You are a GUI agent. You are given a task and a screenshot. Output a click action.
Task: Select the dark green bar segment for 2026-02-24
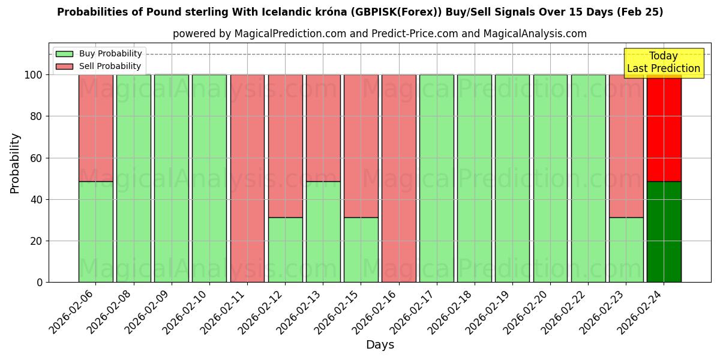664,232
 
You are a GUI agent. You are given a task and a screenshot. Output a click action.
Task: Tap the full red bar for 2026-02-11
247,178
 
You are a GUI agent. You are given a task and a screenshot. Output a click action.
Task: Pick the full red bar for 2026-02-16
398,178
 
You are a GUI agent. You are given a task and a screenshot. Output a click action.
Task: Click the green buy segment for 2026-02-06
95,232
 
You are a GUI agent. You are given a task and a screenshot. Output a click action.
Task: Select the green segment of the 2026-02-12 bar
285,250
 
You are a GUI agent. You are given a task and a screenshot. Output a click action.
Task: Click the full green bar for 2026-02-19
512,178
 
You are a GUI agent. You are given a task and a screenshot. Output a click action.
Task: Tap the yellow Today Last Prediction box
664,63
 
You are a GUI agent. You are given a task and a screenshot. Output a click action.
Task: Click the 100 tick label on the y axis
32,75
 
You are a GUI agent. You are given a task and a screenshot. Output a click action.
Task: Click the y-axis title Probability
15,163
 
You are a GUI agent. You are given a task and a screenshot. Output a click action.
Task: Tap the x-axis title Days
380,345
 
